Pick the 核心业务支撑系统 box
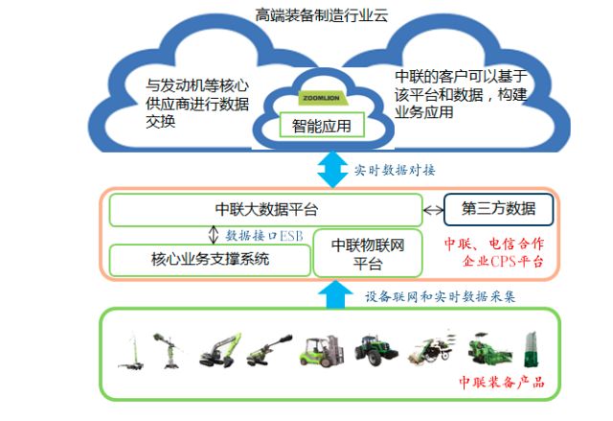tap(210, 259)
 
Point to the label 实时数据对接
tap(395, 170)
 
